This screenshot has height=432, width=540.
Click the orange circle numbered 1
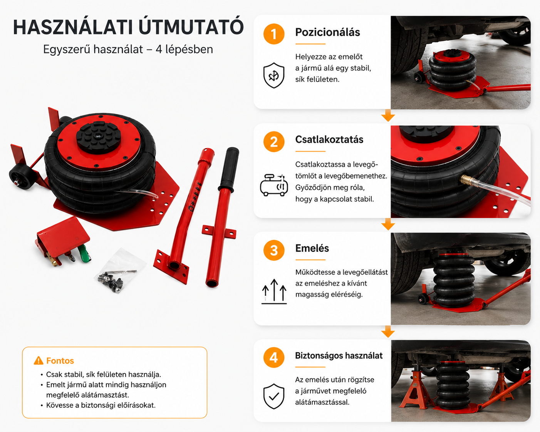coord(274,34)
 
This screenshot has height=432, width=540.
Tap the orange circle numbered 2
coord(274,142)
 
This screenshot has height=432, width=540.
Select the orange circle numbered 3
coord(274,250)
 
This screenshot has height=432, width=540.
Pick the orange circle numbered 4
coord(274,357)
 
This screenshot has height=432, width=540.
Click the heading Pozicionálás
coord(327,32)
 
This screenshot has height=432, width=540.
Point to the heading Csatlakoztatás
coord(329,139)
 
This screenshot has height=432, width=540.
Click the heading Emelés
coord(312,248)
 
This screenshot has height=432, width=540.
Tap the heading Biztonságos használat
coord(339,356)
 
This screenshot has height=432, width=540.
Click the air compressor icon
coord(274,185)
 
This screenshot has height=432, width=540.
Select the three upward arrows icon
coord(274,291)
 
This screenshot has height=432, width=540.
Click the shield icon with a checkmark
coord(274,396)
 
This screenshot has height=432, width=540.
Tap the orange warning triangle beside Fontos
coord(39,360)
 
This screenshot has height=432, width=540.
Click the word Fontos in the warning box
coord(60,361)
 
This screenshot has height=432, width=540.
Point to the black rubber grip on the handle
coord(229,168)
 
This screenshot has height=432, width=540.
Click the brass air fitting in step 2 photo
coord(467,180)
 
